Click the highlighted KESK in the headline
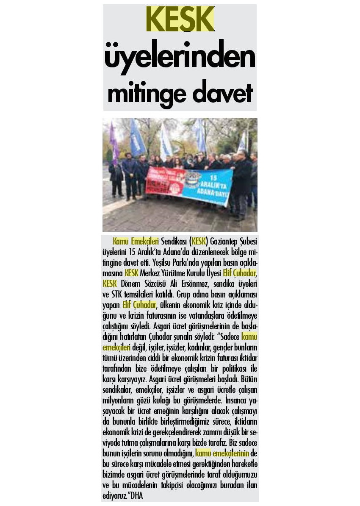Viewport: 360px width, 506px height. (180, 19)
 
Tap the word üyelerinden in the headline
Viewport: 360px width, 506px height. (180, 58)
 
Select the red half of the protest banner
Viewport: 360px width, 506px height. (165, 181)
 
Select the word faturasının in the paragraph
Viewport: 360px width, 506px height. (165, 316)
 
